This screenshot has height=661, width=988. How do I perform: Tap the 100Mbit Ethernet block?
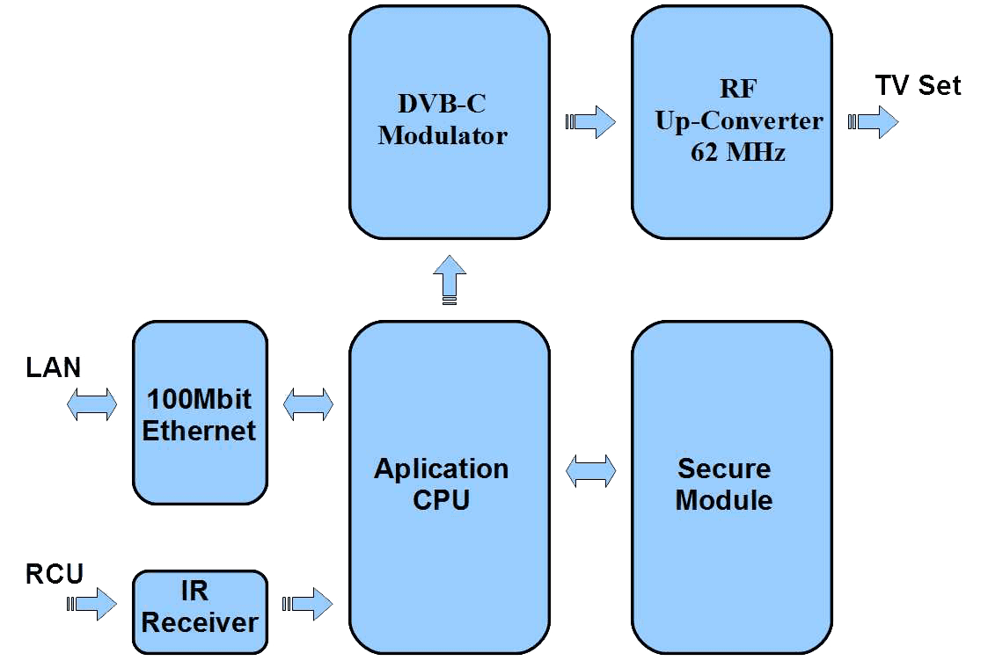pyautogui.click(x=200, y=414)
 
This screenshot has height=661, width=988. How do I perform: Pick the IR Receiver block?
pyautogui.click(x=200, y=608)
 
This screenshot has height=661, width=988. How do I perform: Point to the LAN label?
pyautogui.click(x=52, y=367)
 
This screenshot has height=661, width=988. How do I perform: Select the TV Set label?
pyautogui.click(x=918, y=85)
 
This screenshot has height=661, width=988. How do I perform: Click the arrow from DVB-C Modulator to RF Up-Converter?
pyautogui.click(x=591, y=121)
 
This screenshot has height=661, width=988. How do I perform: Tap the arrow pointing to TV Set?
pyautogui.click(x=873, y=121)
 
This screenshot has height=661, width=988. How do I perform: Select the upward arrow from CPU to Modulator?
pyautogui.click(x=450, y=280)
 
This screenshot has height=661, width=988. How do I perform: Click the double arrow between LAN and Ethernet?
pyautogui.click(x=91, y=404)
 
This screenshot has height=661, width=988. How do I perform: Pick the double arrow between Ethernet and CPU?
pyautogui.click(x=308, y=404)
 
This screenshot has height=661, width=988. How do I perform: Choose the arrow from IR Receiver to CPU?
pyautogui.click(x=308, y=604)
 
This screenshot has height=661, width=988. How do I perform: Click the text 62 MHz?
pyautogui.click(x=738, y=152)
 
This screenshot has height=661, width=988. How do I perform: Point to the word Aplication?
pyautogui.click(x=442, y=469)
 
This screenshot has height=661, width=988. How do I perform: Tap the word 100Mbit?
pyautogui.click(x=199, y=399)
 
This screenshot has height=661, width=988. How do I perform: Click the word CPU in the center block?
pyautogui.click(x=441, y=500)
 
